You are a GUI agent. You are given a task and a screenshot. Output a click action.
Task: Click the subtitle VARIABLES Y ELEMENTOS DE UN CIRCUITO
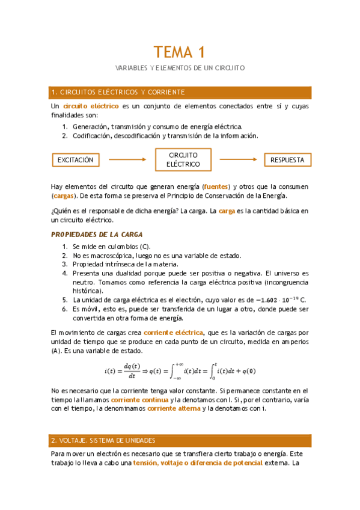[180, 68]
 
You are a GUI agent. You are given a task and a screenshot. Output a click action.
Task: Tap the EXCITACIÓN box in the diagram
[75, 160]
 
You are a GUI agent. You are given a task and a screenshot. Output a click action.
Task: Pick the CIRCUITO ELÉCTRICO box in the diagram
[183, 159]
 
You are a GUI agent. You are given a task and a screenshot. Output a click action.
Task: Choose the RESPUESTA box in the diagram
[287, 160]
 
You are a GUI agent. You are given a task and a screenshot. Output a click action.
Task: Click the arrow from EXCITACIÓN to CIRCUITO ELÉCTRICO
[127, 160]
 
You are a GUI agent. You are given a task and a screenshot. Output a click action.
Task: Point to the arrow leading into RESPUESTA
[239, 160]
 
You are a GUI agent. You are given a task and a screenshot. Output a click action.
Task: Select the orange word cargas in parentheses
[63, 195]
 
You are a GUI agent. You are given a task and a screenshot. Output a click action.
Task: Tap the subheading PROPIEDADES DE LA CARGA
[97, 234]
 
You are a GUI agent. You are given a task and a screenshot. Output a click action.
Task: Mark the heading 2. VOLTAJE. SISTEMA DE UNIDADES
[103, 440]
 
